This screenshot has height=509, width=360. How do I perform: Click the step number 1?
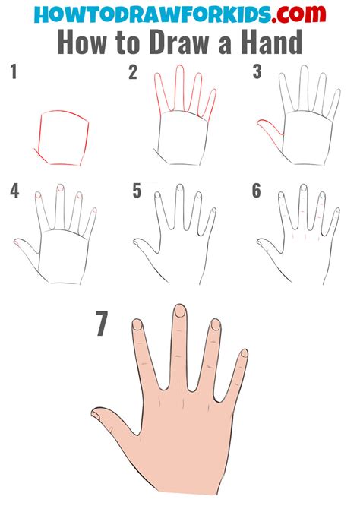tap(13, 73)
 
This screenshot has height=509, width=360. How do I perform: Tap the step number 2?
tap(133, 73)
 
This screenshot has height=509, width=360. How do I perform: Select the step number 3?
tap(257, 73)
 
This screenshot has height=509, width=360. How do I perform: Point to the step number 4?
tap(14, 191)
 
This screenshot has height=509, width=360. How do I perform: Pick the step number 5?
tap(137, 191)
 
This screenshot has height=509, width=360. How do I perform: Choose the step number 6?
tap(257, 191)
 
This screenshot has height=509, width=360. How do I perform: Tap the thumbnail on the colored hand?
tap(98, 414)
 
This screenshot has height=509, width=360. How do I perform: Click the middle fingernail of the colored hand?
tap(180, 311)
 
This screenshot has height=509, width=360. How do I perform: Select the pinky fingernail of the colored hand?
tap(244, 354)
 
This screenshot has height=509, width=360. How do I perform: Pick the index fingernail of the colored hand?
tap(137, 325)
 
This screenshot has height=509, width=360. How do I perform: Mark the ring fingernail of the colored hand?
tap(215, 325)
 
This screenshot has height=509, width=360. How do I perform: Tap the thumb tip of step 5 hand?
tap(137, 242)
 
